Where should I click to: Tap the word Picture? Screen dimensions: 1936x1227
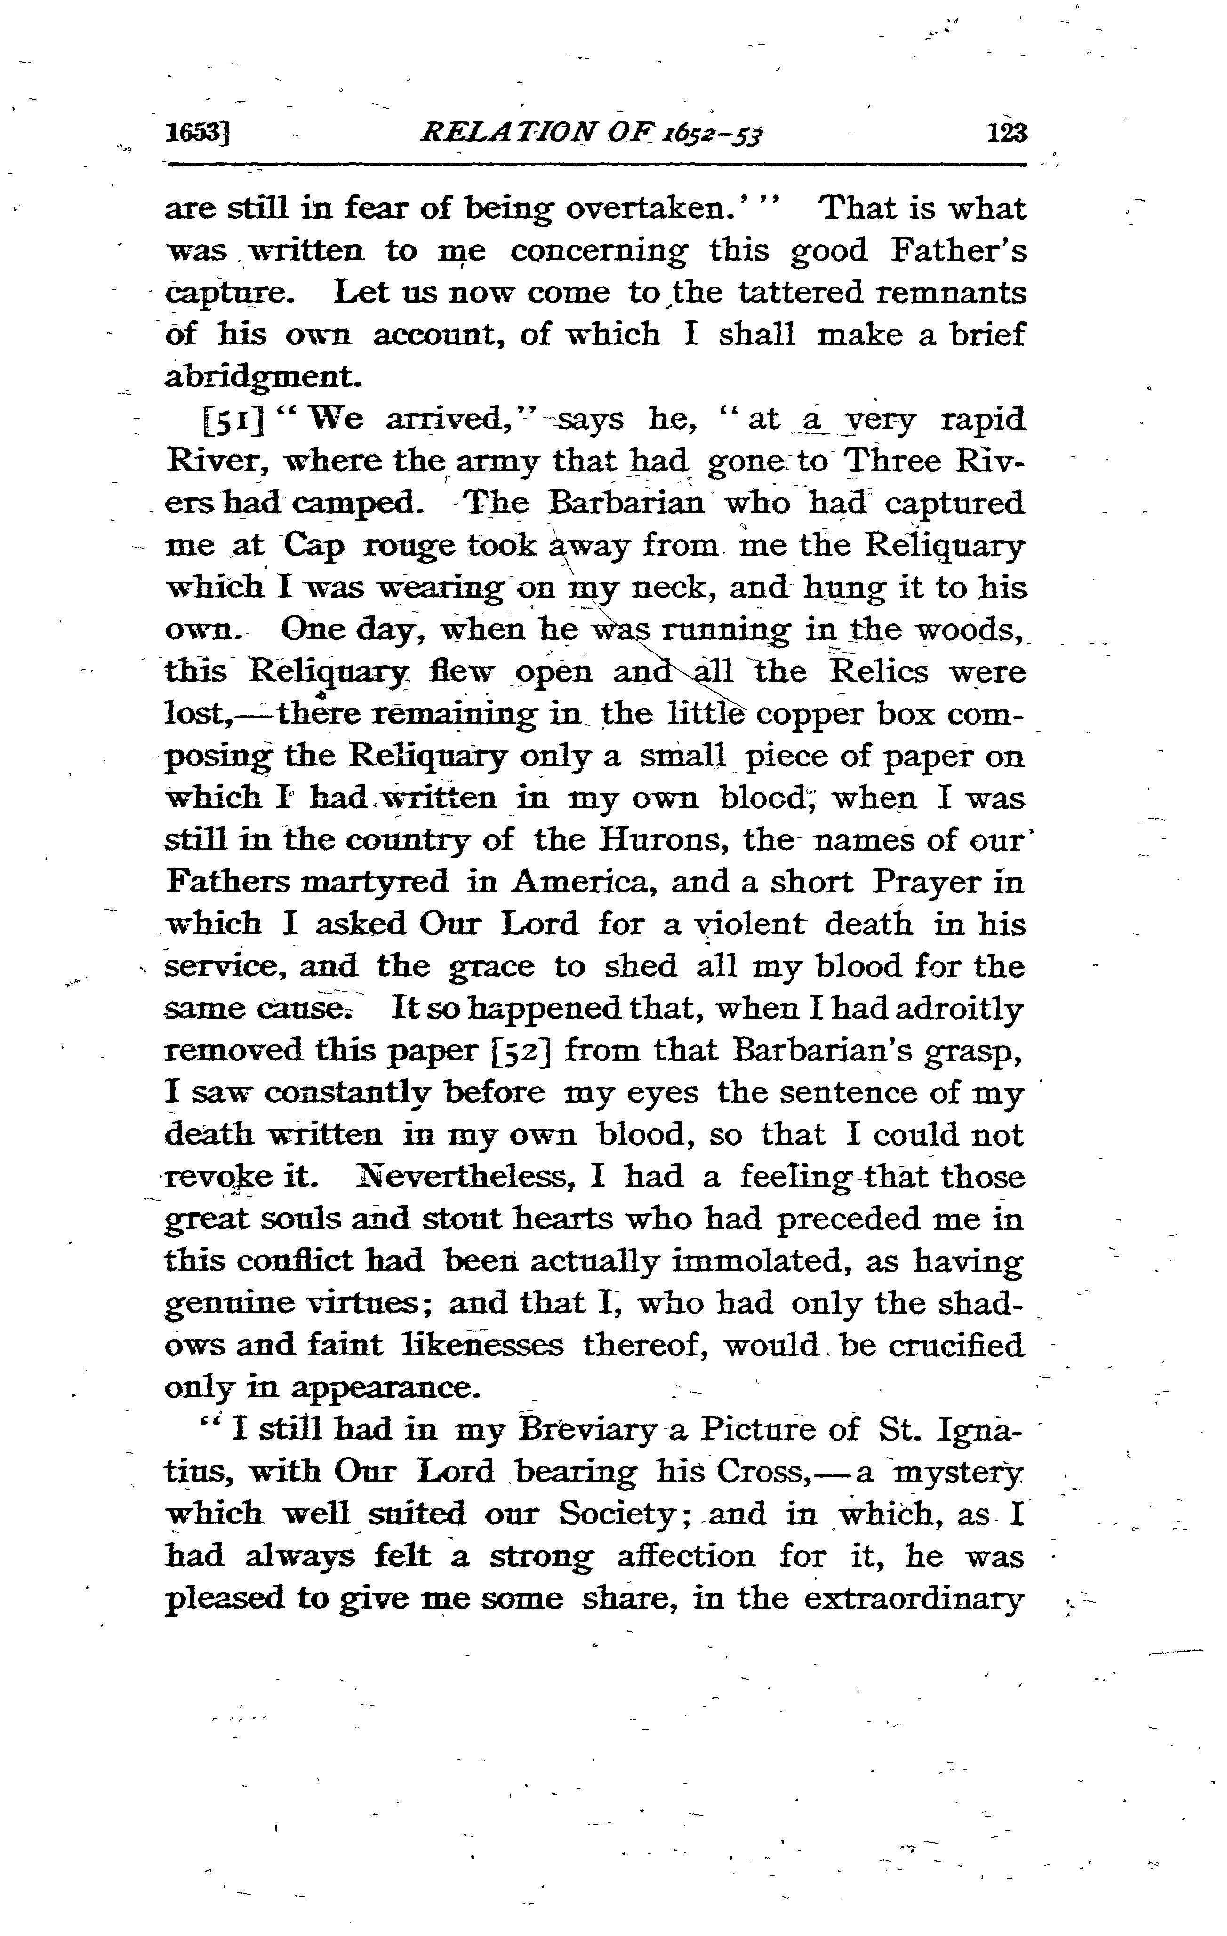(x=754, y=1429)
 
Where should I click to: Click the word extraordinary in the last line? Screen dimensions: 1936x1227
(x=914, y=1598)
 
